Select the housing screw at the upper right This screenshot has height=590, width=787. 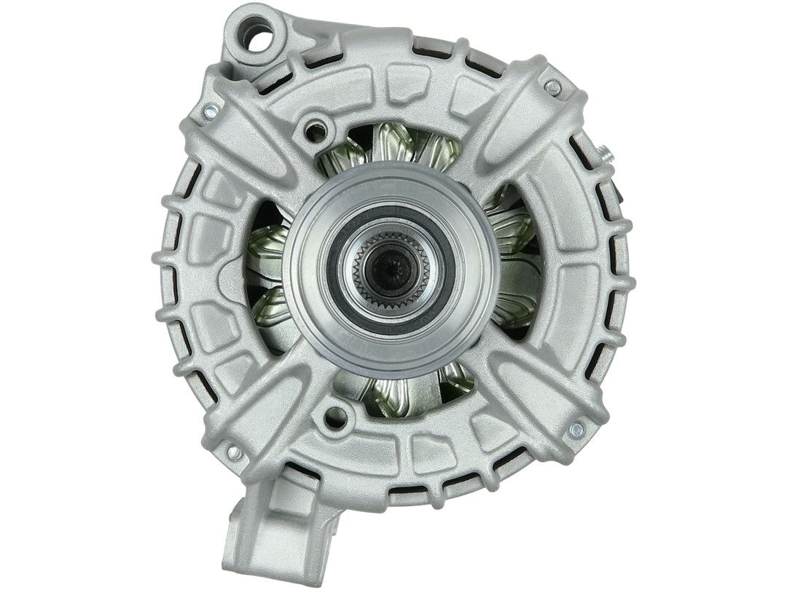[x=552, y=87]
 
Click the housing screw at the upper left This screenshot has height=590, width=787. [x=210, y=111]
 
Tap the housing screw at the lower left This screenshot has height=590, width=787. [x=235, y=452]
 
